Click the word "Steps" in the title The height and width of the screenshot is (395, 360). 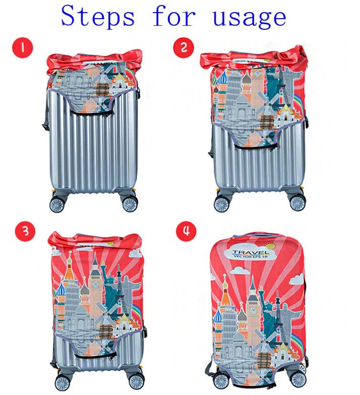[98, 16]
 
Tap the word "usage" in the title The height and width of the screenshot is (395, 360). [249, 18]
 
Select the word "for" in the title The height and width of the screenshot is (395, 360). [174, 16]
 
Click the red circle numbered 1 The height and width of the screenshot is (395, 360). [23, 47]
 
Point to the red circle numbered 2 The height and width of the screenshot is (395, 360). [184, 47]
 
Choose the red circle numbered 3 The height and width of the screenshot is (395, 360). [25, 231]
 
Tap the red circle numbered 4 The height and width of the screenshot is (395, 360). [186, 231]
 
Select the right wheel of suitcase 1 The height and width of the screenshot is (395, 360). [130, 203]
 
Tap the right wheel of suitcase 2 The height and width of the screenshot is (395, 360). [298, 203]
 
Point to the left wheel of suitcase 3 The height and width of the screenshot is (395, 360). [62, 383]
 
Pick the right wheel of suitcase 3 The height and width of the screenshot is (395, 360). [136, 382]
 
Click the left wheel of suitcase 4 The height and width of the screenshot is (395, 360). [221, 381]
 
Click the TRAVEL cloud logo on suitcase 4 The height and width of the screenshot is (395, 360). [250, 253]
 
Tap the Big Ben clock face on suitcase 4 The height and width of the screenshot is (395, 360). [253, 310]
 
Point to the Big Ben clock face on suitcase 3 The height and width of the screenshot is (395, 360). [95, 285]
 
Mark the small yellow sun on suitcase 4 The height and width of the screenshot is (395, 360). [271, 246]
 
